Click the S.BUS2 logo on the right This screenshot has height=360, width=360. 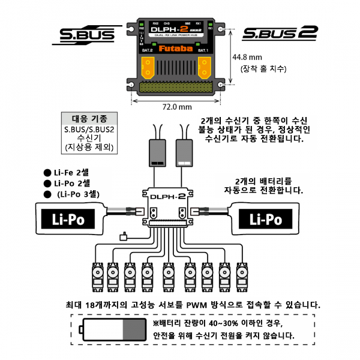tap(279, 34)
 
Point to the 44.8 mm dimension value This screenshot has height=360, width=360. tap(251, 58)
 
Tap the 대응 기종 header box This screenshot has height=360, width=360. tap(90, 118)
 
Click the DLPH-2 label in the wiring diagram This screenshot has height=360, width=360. tap(169, 195)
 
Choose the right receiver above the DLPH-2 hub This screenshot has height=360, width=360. tap(184, 154)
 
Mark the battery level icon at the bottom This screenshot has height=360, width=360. tap(114, 329)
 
